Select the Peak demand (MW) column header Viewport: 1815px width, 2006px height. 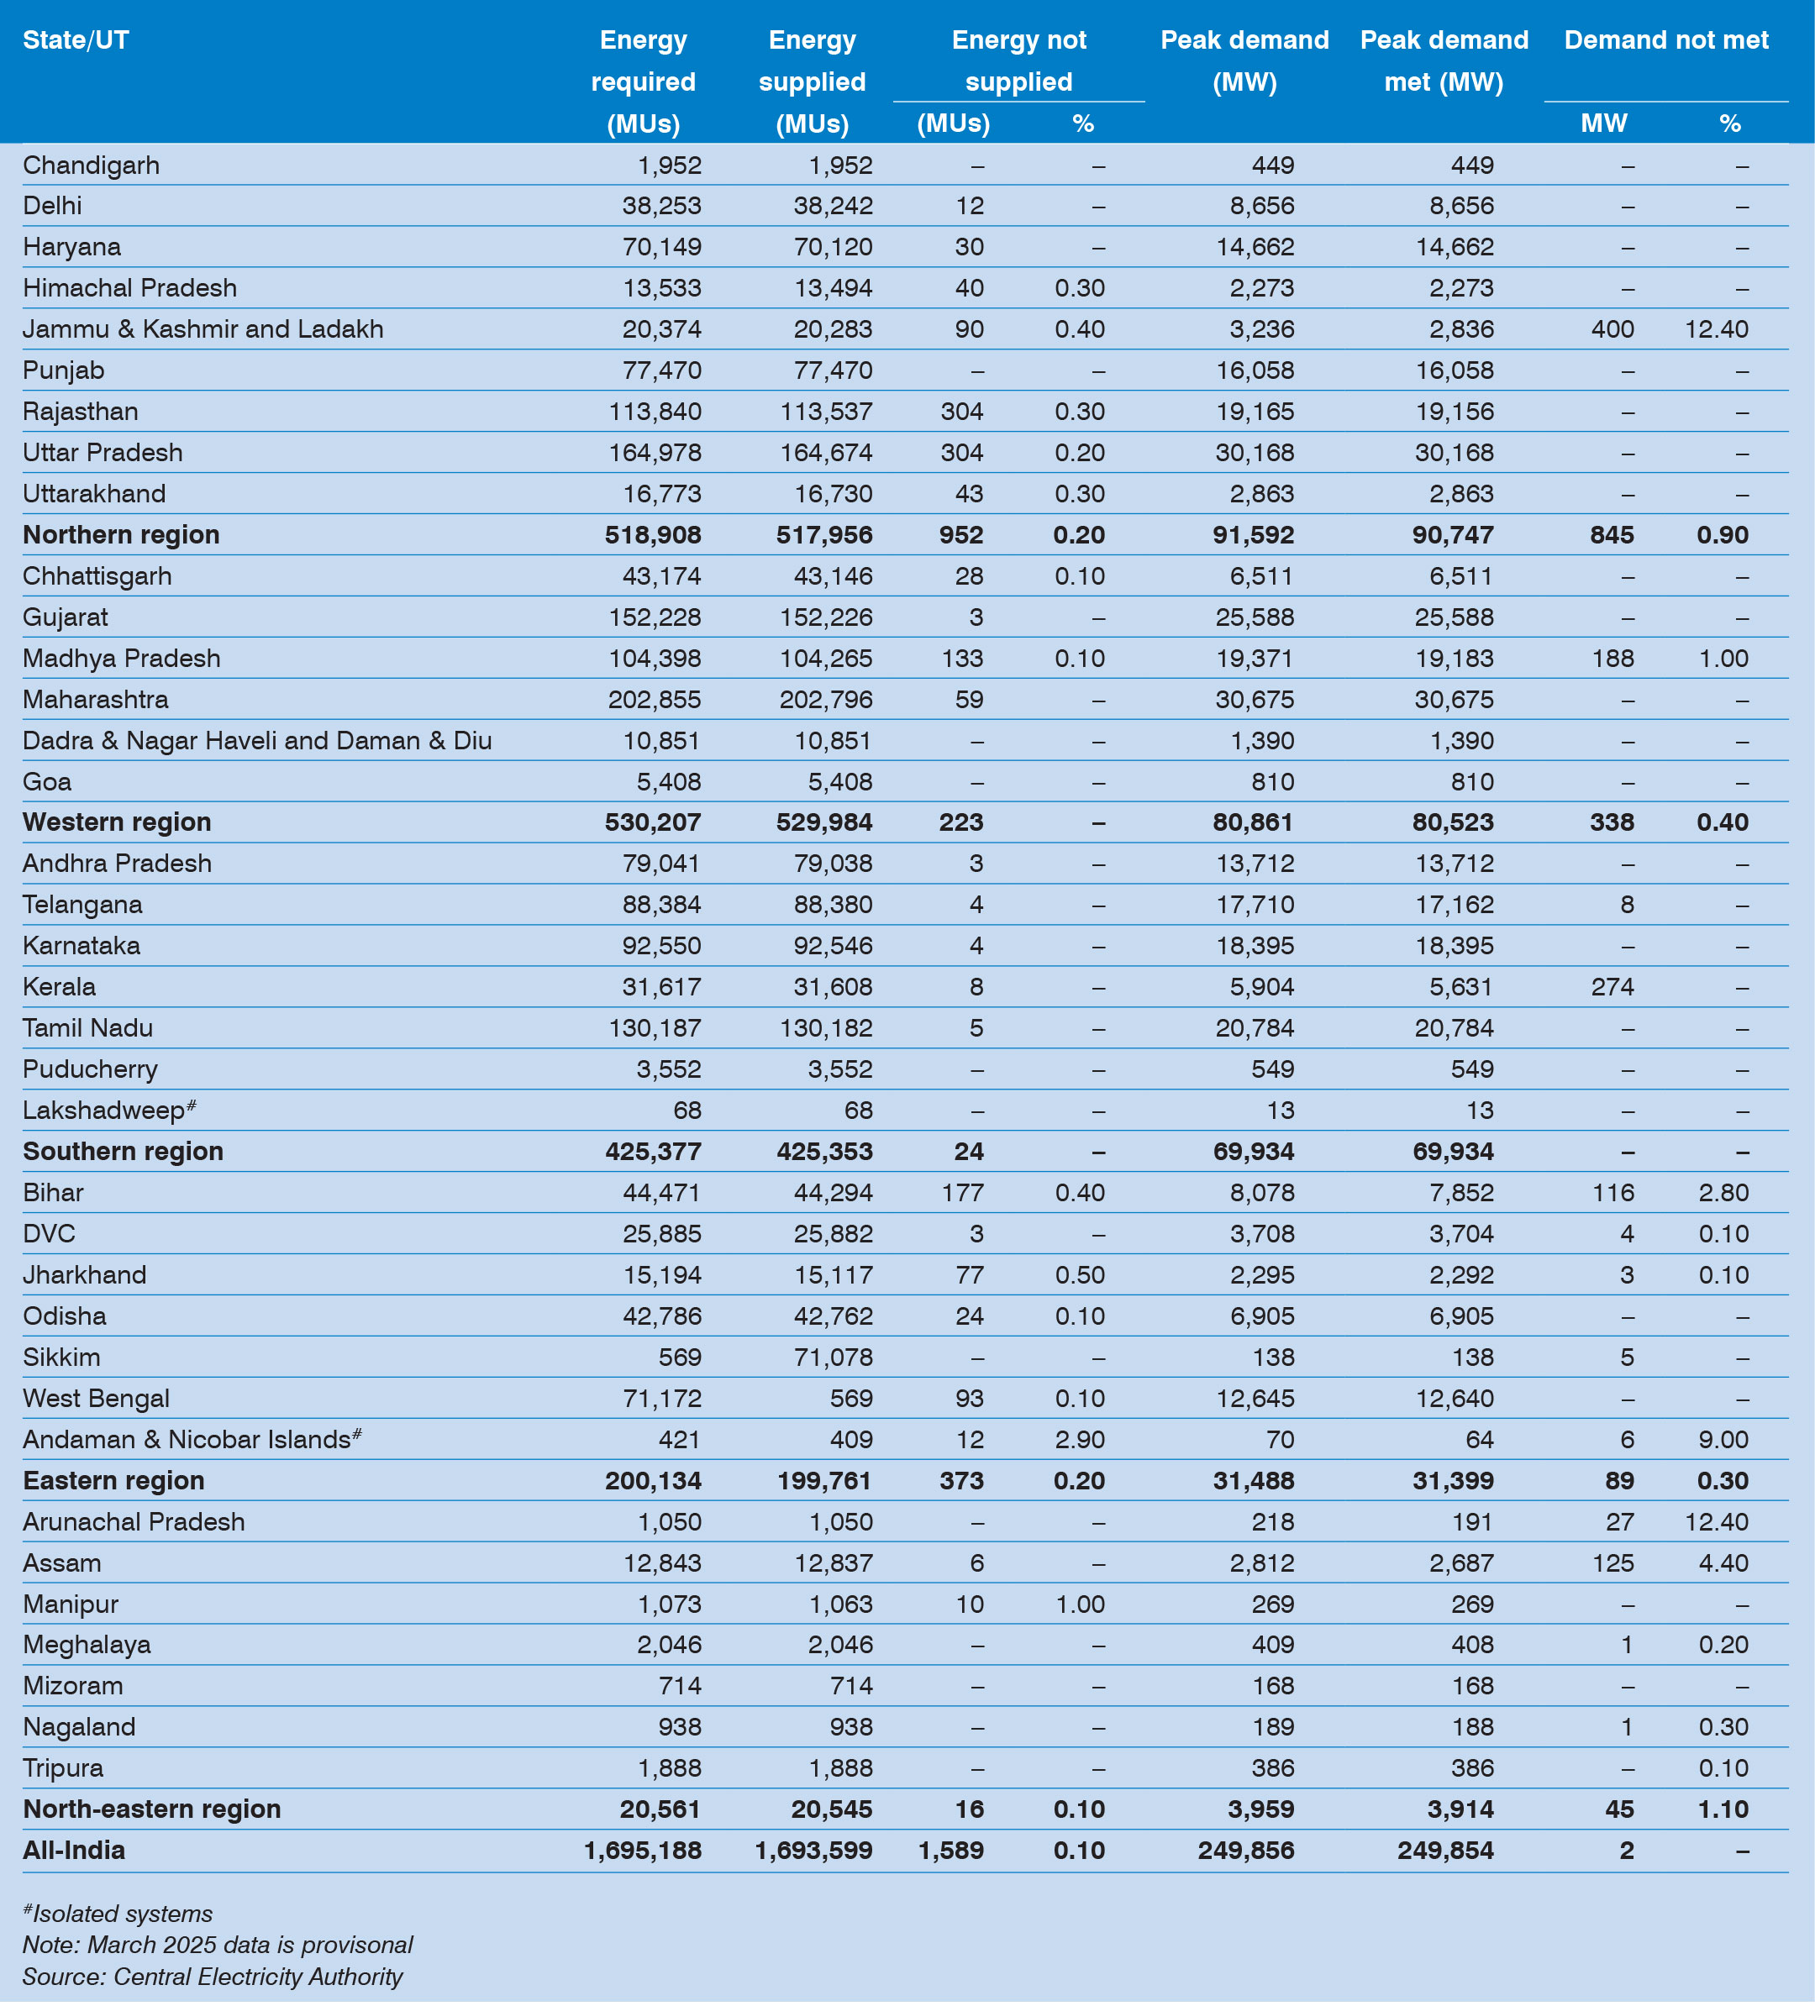1244,60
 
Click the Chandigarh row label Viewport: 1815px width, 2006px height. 91,165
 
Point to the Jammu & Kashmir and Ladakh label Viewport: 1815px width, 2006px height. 203,329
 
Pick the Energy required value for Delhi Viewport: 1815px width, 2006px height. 655,206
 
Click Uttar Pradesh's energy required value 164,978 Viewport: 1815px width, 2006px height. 655,453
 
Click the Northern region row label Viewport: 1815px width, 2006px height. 120,535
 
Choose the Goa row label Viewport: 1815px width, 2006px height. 47,782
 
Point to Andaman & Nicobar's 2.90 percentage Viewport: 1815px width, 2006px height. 1080,1440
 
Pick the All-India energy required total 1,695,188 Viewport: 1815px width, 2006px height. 643,1851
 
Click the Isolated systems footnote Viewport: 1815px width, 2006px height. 118,1914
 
